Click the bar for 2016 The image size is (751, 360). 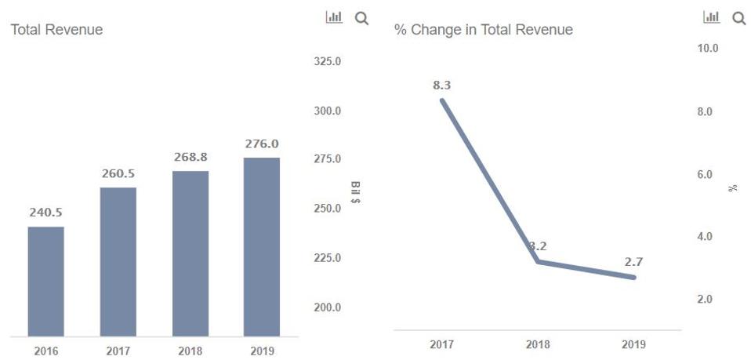(45, 282)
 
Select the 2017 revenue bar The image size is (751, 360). (118, 262)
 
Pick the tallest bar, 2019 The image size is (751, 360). (261, 247)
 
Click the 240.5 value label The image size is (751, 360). (46, 212)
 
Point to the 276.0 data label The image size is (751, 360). (261, 144)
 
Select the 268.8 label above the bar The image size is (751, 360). (190, 157)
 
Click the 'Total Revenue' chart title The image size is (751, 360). (56, 30)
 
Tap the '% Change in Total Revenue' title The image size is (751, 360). (484, 30)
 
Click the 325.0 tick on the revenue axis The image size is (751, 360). (327, 62)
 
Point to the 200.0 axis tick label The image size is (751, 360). (327, 307)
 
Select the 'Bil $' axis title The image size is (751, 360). (355, 192)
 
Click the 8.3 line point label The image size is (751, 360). (442, 85)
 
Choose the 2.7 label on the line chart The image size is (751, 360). (633, 262)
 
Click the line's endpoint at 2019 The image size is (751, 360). (633, 278)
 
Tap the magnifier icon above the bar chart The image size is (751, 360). (361, 18)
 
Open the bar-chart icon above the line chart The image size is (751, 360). (711, 17)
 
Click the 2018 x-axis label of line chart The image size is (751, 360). (538, 344)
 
